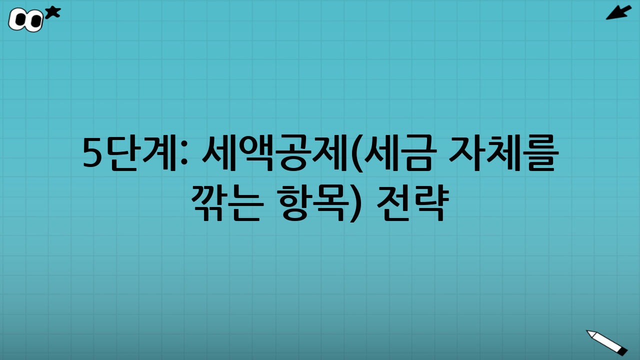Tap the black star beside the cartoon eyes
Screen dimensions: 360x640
point(52,12)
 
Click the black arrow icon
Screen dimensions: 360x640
point(618,12)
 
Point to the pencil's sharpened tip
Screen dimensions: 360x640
point(588,331)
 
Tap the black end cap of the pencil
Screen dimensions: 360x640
point(622,351)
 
